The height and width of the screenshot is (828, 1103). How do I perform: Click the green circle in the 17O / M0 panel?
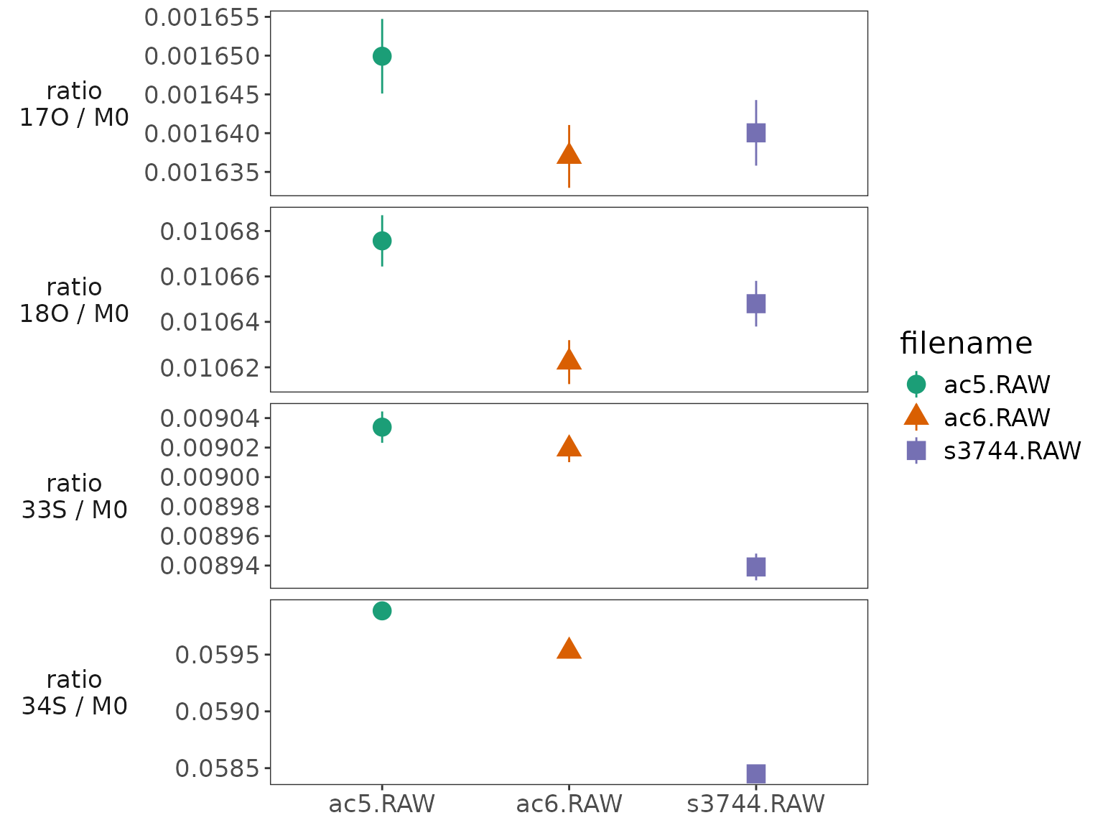[382, 56]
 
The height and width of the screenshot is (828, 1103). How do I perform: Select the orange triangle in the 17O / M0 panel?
[569, 154]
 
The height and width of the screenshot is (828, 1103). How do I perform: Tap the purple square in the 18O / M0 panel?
[755, 303]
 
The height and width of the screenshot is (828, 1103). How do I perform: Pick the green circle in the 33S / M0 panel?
[382, 427]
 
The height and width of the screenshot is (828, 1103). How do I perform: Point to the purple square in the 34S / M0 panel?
[755, 773]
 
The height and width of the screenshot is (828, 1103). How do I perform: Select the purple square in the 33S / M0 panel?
[755, 567]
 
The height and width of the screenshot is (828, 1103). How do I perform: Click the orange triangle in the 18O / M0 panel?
[569, 359]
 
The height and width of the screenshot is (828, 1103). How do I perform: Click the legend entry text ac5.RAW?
[997, 385]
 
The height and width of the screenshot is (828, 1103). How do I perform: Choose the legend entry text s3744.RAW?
[1012, 451]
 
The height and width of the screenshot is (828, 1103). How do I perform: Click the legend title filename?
[966, 344]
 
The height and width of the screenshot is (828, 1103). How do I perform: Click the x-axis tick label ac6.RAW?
[569, 804]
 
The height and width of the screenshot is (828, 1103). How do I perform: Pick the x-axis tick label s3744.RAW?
[755, 804]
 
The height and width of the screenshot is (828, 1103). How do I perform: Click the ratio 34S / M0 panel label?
[75, 693]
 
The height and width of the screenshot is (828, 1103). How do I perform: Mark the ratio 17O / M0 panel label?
[75, 104]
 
